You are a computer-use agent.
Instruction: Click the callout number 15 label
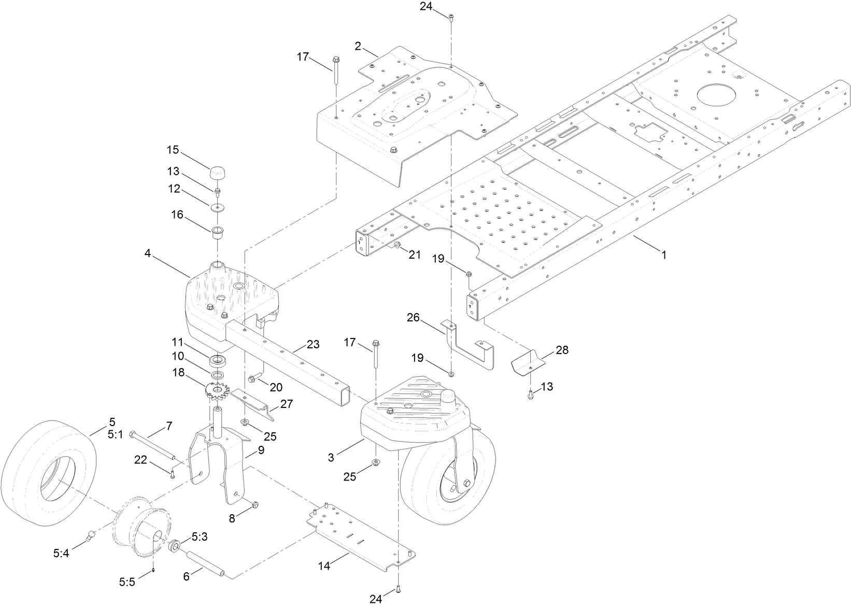[x=173, y=150]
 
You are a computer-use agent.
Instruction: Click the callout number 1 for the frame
[x=663, y=255]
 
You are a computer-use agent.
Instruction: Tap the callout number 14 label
[x=324, y=566]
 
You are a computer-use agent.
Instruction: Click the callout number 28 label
[x=562, y=350]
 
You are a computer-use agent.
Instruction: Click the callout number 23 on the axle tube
[x=313, y=344]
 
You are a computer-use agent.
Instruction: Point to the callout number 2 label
[x=358, y=46]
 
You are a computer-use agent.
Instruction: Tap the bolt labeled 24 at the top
[x=451, y=19]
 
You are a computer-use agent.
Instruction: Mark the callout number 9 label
[x=261, y=450]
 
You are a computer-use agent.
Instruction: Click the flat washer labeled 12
[x=216, y=208]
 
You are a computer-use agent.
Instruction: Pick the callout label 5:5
[x=126, y=582]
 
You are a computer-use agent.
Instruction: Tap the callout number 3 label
[x=331, y=457]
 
